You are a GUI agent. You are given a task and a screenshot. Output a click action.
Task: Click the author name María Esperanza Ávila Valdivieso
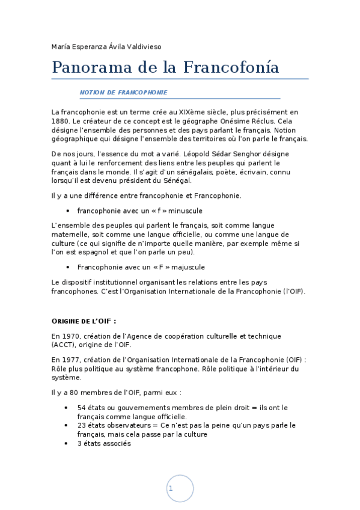pyautogui.click(x=106, y=46)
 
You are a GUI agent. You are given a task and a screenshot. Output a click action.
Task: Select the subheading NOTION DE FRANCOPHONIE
pyautogui.click(x=123, y=93)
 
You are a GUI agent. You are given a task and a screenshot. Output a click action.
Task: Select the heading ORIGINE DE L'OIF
pyautogui.click(x=84, y=320)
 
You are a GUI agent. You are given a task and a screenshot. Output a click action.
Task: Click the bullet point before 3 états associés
pyautogui.click(x=66, y=443)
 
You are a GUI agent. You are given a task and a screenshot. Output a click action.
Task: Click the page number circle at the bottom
pyautogui.click(x=180, y=488)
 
